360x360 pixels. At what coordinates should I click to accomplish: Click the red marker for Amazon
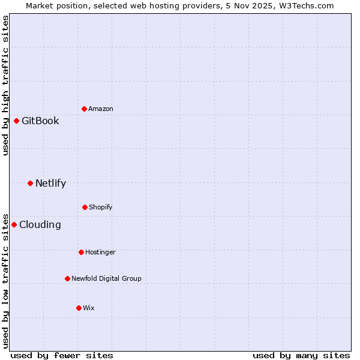tap(84, 109)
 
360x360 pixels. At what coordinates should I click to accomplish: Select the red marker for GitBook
tap(16, 121)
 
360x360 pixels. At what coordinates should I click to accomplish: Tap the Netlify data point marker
tap(30, 183)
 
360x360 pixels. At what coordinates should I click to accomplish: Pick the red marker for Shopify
tap(85, 207)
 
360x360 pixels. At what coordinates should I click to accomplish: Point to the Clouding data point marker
tap(14, 224)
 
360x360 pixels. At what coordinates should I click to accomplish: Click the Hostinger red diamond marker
tap(81, 252)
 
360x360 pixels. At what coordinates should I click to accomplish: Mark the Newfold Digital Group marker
tap(67, 278)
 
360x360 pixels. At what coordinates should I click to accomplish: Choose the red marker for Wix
tap(79, 308)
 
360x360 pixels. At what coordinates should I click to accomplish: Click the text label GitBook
tap(40, 121)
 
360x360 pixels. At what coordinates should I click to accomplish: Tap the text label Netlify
tap(50, 183)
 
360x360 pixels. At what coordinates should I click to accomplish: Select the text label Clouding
tap(40, 224)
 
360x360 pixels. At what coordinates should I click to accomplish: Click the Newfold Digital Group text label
tap(106, 278)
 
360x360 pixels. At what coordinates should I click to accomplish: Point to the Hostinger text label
tap(100, 252)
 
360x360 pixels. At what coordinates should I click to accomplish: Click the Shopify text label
tap(100, 207)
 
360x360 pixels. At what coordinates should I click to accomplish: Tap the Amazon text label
tap(100, 109)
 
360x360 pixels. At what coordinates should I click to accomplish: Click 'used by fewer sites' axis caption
tap(62, 355)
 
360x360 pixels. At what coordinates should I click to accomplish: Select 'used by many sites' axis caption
tap(301, 355)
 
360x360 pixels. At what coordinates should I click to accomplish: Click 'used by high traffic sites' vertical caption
tap(5, 85)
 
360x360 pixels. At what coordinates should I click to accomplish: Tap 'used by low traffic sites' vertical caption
tap(5, 280)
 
